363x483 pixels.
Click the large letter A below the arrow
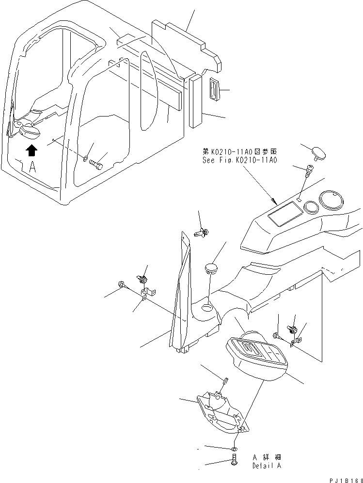pos(32,167)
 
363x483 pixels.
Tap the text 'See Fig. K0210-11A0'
pos(240,160)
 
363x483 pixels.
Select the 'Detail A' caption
pos(266,466)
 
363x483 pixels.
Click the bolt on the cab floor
pos(96,165)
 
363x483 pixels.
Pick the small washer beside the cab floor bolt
pos(86,158)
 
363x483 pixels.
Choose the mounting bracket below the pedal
pos(221,413)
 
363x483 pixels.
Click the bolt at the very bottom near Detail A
pos(235,460)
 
